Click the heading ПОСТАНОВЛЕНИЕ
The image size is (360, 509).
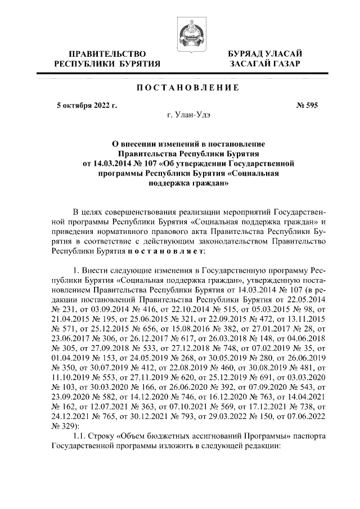[x=181, y=88]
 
